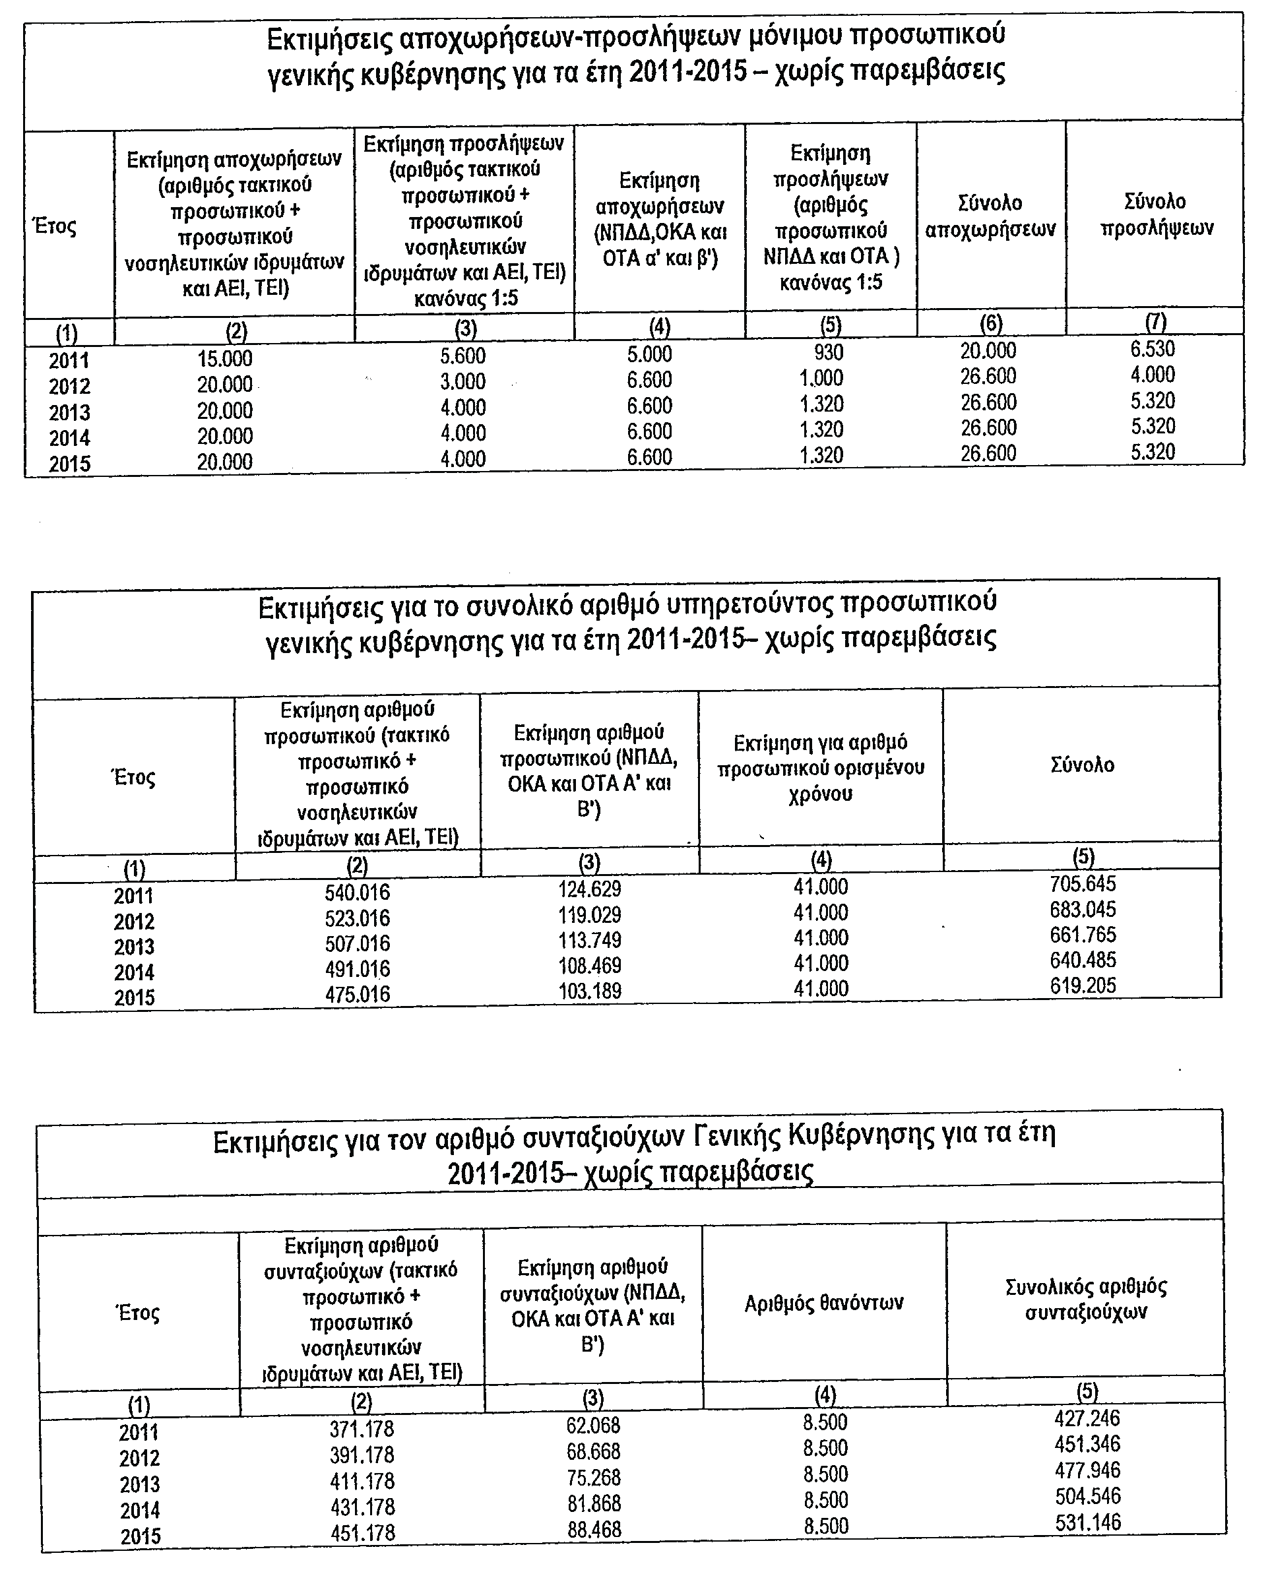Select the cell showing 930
click(829, 353)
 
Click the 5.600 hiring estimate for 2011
click(463, 356)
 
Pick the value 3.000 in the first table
click(463, 382)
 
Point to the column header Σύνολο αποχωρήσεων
click(990, 216)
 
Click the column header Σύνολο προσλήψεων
click(1156, 214)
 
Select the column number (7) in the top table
click(1155, 321)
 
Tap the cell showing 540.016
click(358, 893)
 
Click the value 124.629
click(590, 889)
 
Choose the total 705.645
click(1083, 885)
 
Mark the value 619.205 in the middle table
click(1083, 986)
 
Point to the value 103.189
click(590, 991)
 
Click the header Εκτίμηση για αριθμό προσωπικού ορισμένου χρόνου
click(821, 768)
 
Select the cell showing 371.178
click(362, 1428)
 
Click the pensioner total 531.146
click(1088, 1523)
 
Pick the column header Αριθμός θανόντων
click(825, 1303)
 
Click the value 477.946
click(1088, 1470)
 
